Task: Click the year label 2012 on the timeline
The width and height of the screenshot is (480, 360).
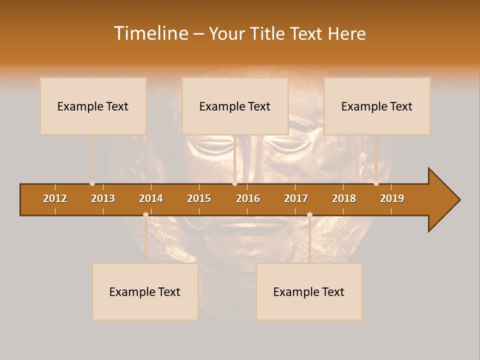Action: pyautogui.click(x=55, y=198)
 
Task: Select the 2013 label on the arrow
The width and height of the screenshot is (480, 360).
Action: pyautogui.click(x=103, y=198)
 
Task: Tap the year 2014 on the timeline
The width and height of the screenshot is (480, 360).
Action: pyautogui.click(x=151, y=198)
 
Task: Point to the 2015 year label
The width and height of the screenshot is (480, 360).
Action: pyautogui.click(x=199, y=198)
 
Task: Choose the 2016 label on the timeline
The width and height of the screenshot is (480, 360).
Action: pyautogui.click(x=248, y=198)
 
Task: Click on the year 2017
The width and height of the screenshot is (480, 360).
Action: pyautogui.click(x=296, y=198)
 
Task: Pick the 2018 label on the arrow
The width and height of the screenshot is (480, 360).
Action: pyautogui.click(x=344, y=198)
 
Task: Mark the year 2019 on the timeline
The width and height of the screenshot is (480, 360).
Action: pyautogui.click(x=392, y=198)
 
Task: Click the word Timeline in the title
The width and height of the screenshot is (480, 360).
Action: pyautogui.click(x=150, y=33)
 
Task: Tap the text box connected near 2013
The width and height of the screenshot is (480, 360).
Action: pyautogui.click(x=93, y=106)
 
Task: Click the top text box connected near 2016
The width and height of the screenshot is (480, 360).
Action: pyautogui.click(x=235, y=106)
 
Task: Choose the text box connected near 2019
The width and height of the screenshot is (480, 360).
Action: pyautogui.click(x=377, y=106)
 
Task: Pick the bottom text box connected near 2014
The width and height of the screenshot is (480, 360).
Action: pyautogui.click(x=145, y=291)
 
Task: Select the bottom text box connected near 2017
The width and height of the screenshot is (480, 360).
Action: pyautogui.click(x=309, y=291)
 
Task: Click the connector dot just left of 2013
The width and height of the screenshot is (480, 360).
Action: pyautogui.click(x=92, y=183)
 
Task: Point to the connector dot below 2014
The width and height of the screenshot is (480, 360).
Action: pyautogui.click(x=145, y=215)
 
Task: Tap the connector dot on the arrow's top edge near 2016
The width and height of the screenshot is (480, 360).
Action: pyautogui.click(x=235, y=183)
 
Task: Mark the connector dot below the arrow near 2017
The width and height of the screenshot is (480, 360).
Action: pyautogui.click(x=309, y=215)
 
